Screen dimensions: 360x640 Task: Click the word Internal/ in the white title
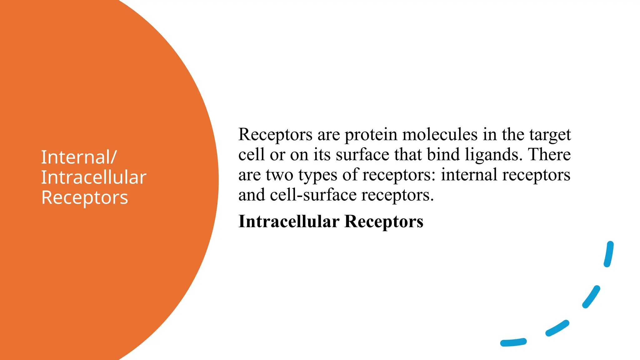(x=79, y=157)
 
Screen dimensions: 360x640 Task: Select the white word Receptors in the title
(x=85, y=197)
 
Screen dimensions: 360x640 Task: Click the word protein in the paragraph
(x=371, y=135)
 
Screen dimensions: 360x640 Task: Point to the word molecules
(x=440, y=134)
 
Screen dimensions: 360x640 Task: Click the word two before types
(x=279, y=175)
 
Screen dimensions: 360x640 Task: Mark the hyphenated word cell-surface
(x=313, y=195)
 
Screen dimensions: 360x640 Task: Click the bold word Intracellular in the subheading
(x=289, y=222)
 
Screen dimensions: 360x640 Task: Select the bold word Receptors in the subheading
(x=384, y=222)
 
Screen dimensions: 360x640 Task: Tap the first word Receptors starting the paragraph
(x=275, y=135)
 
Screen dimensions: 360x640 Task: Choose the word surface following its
(x=362, y=155)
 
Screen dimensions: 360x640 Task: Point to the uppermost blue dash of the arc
(x=609, y=254)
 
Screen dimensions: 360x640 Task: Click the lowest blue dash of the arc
(x=513, y=342)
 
